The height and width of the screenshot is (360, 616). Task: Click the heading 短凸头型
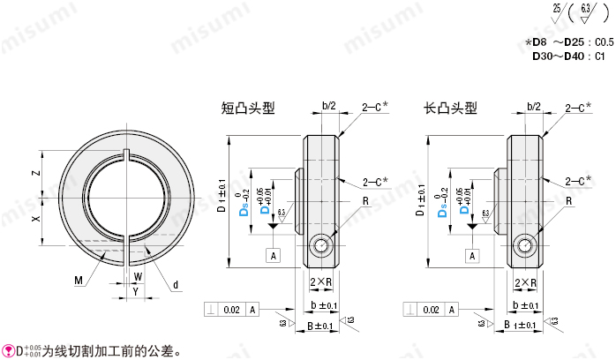248,109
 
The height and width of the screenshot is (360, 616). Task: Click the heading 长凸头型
451,109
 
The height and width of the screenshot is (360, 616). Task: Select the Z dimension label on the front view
36,173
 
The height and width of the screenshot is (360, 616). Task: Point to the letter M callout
79,281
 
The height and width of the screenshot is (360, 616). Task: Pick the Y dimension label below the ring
134,291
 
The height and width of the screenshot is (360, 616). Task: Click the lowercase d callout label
176,283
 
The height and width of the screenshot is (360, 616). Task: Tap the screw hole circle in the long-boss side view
526,246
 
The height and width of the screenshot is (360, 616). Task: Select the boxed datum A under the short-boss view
274,255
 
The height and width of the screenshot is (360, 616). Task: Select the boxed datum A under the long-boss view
475,255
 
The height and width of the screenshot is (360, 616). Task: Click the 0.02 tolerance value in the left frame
231,310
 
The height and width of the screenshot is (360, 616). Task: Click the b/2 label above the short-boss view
328,106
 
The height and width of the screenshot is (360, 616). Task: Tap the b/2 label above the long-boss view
533,106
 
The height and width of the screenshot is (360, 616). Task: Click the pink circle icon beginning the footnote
7,350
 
